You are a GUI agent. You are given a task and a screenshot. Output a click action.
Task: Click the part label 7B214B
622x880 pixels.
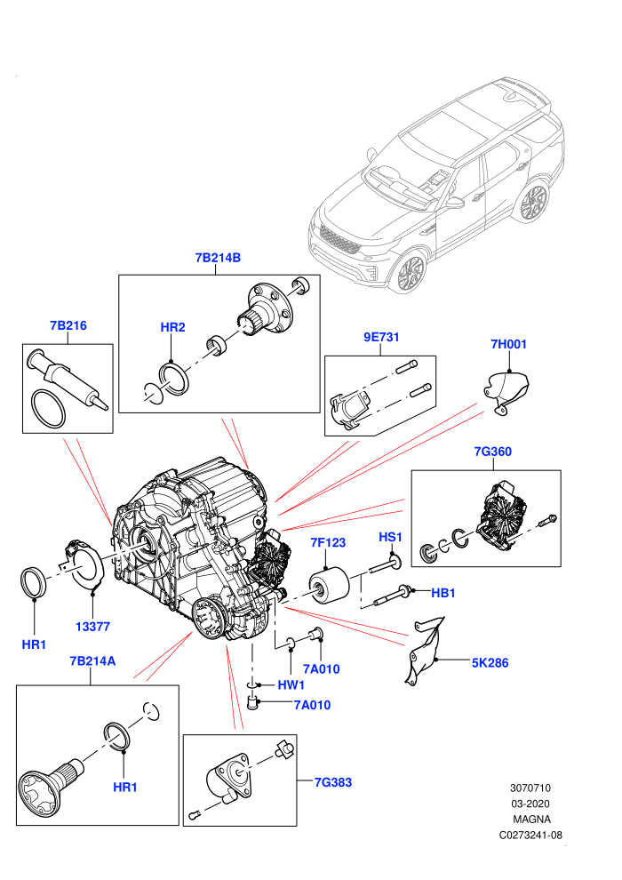pyautogui.click(x=218, y=258)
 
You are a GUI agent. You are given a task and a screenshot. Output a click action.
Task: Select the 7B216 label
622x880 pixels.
pyautogui.click(x=68, y=325)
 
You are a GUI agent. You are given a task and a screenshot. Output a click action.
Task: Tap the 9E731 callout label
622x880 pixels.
pyautogui.click(x=381, y=337)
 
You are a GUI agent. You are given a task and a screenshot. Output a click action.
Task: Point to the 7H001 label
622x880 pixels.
pyautogui.click(x=508, y=344)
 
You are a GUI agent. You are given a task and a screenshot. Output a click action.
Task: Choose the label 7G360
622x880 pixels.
pyautogui.click(x=493, y=452)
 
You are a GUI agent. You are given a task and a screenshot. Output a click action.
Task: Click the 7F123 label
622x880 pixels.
pyautogui.click(x=328, y=543)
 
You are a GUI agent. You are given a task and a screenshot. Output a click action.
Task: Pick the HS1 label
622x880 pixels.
pyautogui.click(x=390, y=537)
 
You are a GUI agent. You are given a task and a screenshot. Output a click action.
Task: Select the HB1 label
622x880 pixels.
pyautogui.click(x=443, y=593)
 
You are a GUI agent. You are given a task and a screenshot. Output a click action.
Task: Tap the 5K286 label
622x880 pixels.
pyautogui.click(x=490, y=663)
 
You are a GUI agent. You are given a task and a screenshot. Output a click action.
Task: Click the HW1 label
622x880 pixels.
pyautogui.click(x=291, y=684)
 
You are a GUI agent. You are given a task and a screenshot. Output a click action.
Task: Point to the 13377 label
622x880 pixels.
pyautogui.click(x=92, y=627)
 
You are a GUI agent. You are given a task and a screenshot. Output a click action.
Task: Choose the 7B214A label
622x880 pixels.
pyautogui.click(x=92, y=661)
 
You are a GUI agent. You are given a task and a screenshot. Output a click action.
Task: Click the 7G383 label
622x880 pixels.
pyautogui.click(x=333, y=782)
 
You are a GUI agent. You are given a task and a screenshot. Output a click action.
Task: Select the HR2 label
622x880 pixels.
pyautogui.click(x=172, y=327)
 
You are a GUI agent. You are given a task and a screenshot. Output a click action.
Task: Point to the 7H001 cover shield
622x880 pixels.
pyautogui.click(x=506, y=388)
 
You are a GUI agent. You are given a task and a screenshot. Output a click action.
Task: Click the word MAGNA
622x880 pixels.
pyautogui.click(x=531, y=820)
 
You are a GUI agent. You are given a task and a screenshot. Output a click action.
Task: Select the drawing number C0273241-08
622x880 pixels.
pyautogui.click(x=530, y=835)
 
